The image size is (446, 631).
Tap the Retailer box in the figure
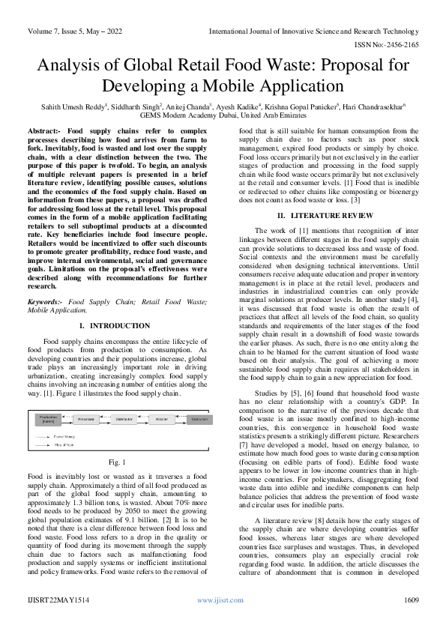(160, 420)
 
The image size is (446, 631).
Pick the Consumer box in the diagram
(199, 420)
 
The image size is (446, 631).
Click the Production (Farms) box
(48, 420)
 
